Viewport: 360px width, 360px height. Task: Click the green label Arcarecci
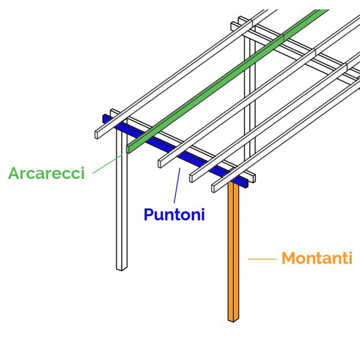(x=46, y=173)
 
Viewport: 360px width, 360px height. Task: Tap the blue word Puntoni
(x=174, y=214)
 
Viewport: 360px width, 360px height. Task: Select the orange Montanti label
(x=316, y=258)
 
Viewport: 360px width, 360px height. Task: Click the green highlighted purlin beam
(x=222, y=83)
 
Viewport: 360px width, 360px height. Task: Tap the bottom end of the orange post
(x=233, y=319)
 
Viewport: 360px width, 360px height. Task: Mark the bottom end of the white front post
(x=121, y=268)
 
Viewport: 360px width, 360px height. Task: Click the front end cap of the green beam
(x=129, y=148)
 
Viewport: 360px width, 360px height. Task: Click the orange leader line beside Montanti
(x=261, y=259)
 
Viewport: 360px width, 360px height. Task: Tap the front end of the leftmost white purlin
(x=97, y=134)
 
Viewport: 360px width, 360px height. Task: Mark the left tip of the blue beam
(x=105, y=118)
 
